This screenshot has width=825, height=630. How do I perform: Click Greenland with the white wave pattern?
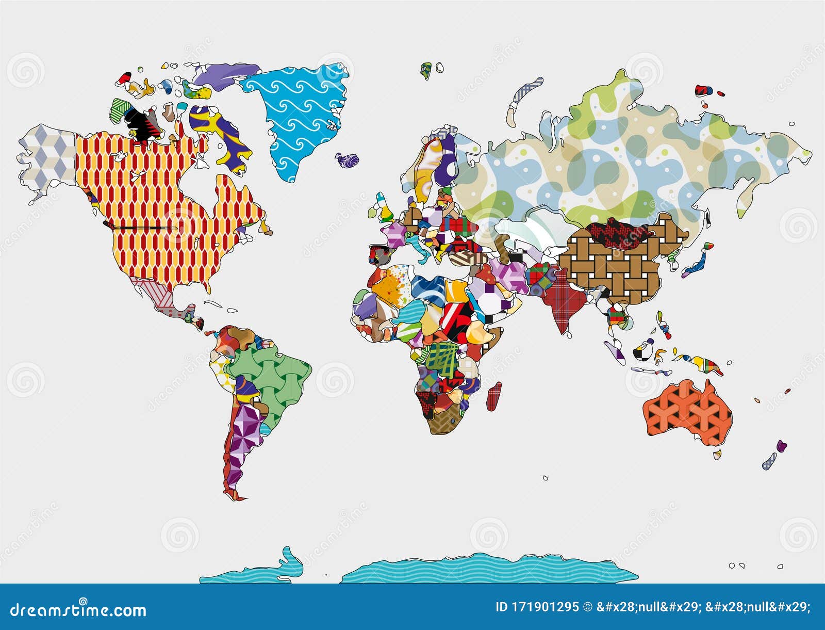pos(299,114)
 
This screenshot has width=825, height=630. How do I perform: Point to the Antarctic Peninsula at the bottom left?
pos(289,562)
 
